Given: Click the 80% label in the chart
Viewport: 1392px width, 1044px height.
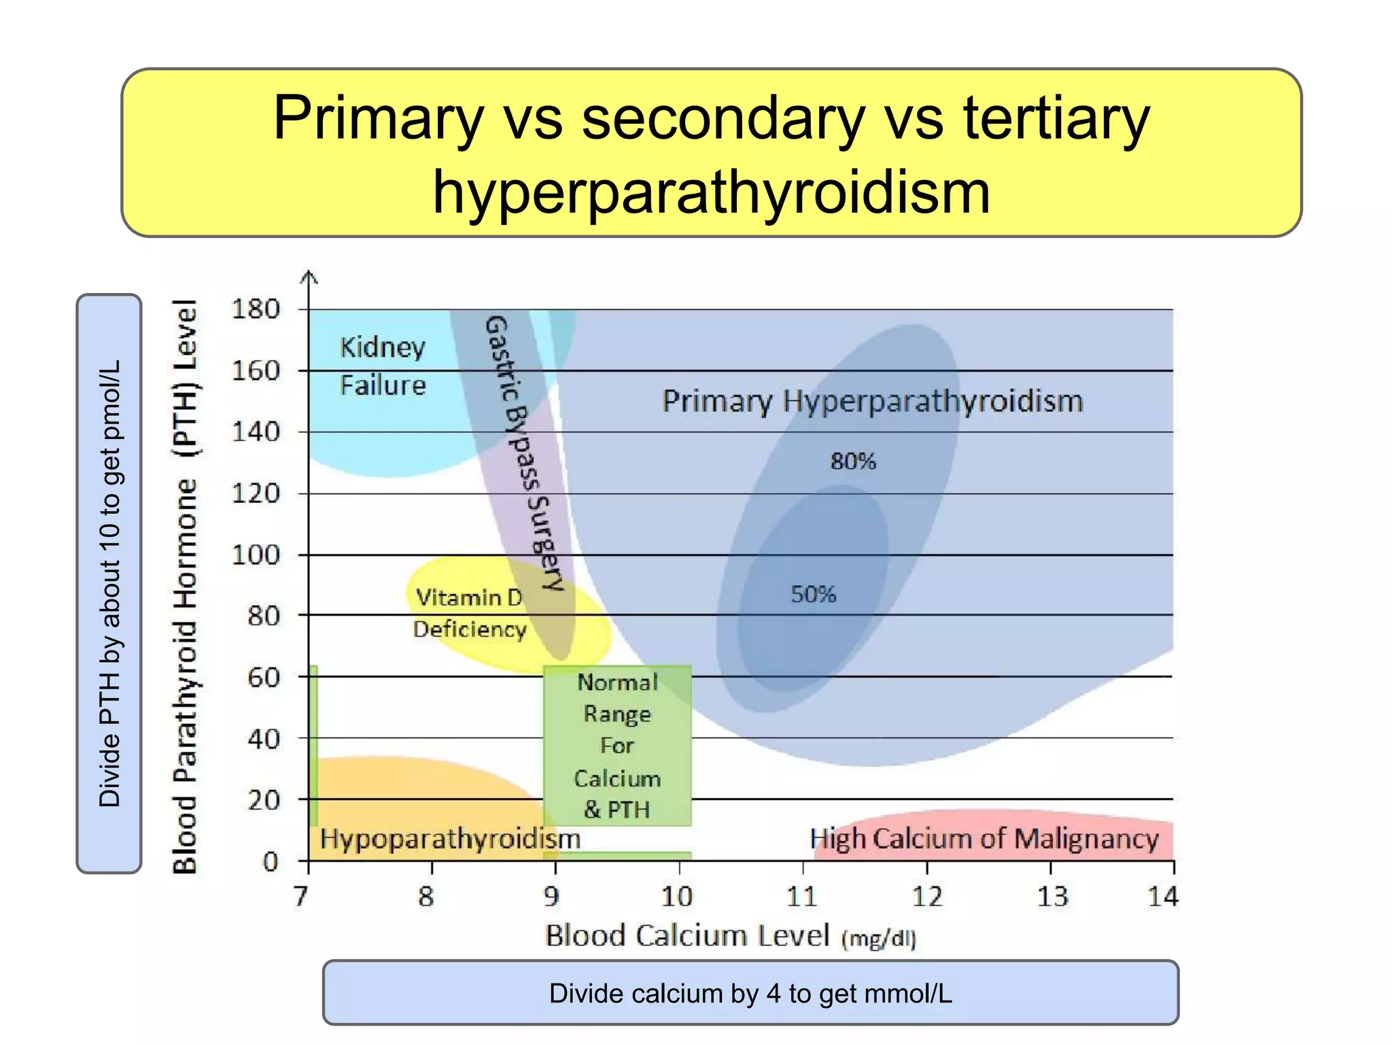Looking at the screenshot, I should (x=853, y=462).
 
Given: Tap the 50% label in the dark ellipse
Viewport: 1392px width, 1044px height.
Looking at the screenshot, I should (x=813, y=595).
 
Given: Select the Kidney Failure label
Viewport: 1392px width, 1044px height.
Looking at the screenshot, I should (x=383, y=366).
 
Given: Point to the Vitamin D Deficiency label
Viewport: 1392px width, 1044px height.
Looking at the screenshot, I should (x=470, y=613).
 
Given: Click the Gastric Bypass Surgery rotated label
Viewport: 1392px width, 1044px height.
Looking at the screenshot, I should (x=524, y=452).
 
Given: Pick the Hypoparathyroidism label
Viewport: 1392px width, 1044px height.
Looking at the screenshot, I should (x=450, y=839).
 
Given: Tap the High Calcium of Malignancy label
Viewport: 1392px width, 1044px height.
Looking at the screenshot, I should (x=984, y=839).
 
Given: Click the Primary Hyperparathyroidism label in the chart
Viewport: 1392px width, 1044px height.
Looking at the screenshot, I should (x=873, y=401).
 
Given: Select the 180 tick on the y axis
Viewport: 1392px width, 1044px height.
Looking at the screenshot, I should (x=256, y=309).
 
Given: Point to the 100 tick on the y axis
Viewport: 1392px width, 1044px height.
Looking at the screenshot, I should (x=256, y=555).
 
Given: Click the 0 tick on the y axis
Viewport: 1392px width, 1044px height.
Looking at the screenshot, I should (x=271, y=862).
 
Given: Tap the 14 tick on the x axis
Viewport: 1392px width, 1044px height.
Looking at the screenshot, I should (x=1163, y=897).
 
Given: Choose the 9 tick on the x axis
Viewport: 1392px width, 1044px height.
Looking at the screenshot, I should (x=552, y=897).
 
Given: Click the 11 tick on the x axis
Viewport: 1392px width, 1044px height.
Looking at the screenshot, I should (x=801, y=897).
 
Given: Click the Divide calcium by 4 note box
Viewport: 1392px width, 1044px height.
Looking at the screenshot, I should (x=750, y=993).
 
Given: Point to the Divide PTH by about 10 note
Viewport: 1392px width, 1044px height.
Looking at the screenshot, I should (x=109, y=583).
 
